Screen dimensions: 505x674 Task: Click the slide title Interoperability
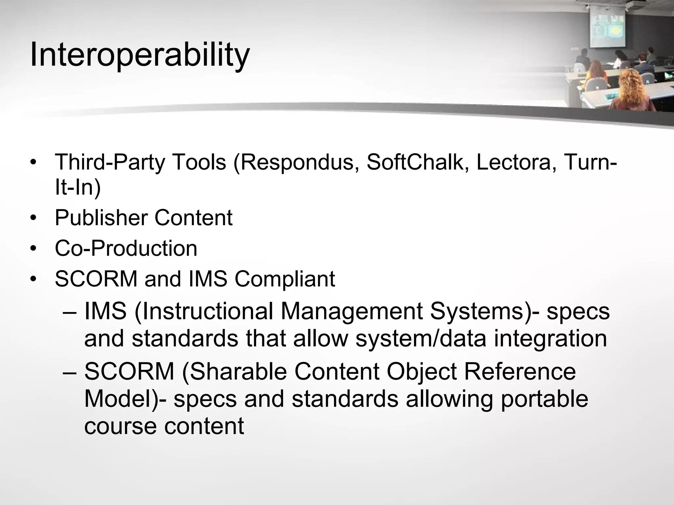(x=140, y=55)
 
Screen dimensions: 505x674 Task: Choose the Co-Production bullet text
(x=126, y=249)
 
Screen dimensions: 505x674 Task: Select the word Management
(x=351, y=311)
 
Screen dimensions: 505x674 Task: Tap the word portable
(x=544, y=399)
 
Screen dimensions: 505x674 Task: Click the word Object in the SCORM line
(x=422, y=372)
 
